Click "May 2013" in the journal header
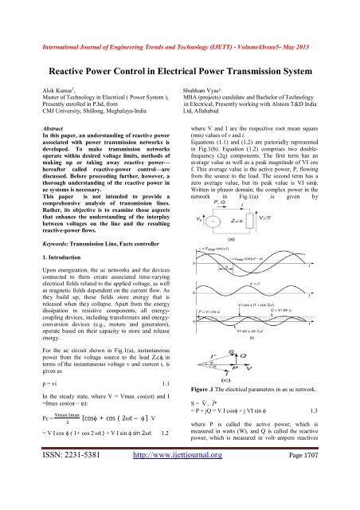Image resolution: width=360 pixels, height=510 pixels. [x=326, y=13]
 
